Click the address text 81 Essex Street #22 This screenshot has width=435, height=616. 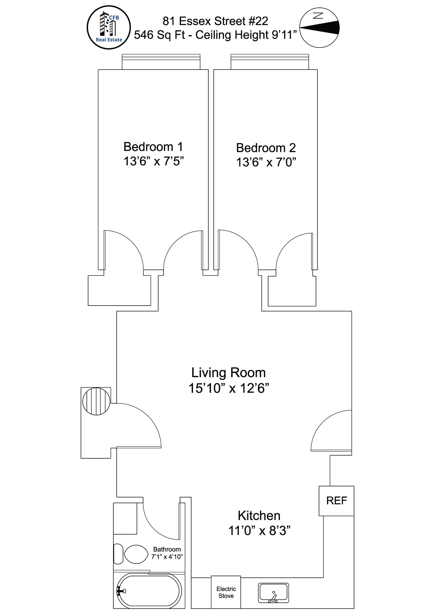click(x=215, y=21)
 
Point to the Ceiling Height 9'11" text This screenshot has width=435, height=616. click(x=246, y=35)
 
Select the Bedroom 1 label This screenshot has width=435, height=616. click(x=153, y=147)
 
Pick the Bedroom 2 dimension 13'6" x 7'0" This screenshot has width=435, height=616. click(x=266, y=162)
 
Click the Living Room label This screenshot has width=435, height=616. click(x=228, y=373)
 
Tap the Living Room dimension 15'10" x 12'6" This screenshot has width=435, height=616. click(x=228, y=388)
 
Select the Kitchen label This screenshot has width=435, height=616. click(x=259, y=516)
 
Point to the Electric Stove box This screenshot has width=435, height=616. click(x=226, y=592)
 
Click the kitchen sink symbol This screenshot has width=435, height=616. click(x=274, y=593)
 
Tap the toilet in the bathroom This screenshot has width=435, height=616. click(x=131, y=554)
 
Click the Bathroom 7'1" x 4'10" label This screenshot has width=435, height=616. click(x=167, y=553)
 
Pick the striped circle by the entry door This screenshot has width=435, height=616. click(x=96, y=402)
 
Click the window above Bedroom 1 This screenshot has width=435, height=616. click(x=161, y=62)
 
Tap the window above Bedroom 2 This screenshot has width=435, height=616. click(x=270, y=62)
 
